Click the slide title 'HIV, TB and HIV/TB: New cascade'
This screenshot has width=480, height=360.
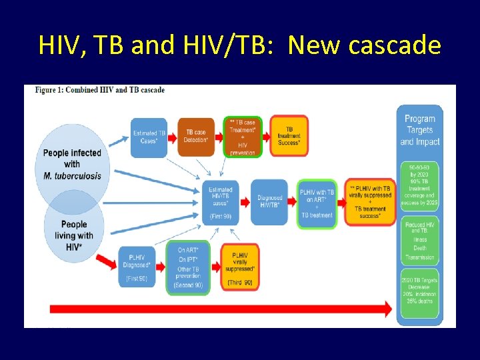click(240, 45)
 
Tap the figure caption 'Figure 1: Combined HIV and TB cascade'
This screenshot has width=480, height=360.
click(100, 90)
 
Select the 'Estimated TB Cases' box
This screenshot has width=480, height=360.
click(150, 137)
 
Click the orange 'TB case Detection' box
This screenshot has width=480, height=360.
click(195, 137)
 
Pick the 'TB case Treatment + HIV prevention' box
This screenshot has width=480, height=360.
click(242, 137)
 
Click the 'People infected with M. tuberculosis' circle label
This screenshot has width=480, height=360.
click(72, 163)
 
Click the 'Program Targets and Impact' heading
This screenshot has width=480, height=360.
click(419, 130)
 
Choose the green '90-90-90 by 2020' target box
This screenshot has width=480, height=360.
click(419, 187)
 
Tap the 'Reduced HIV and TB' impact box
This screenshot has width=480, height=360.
click(419, 240)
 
